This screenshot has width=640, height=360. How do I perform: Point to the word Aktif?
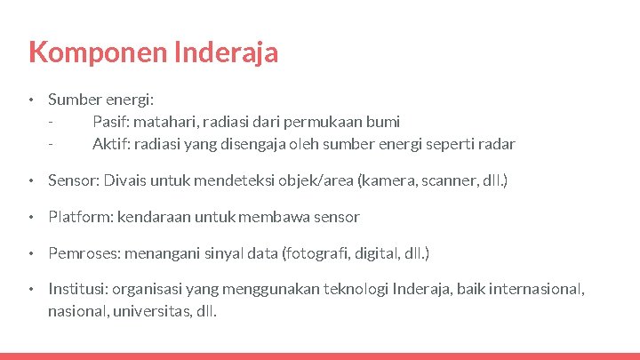[x=110, y=144]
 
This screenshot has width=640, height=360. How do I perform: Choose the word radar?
[x=497, y=144]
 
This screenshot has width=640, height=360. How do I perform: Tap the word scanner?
[x=450, y=180]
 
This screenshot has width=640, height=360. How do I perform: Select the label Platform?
[x=75, y=217]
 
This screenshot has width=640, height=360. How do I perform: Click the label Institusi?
[x=75, y=290]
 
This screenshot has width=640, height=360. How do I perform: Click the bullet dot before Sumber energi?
[x=30, y=100]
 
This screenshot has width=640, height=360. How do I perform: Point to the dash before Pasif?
[x=52, y=122]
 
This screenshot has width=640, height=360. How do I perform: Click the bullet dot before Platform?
[x=30, y=217]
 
